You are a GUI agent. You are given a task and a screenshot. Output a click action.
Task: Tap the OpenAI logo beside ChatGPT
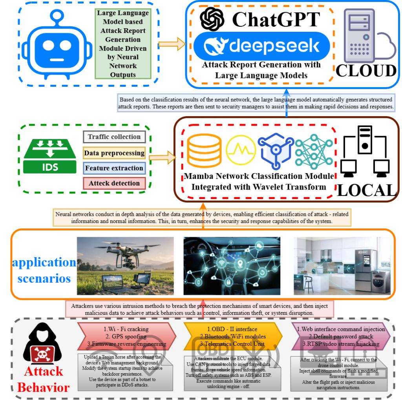(212, 19)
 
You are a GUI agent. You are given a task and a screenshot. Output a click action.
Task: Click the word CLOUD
(366, 71)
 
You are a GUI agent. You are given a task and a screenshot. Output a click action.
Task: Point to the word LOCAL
(366, 190)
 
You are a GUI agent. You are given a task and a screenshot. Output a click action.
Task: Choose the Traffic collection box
(114, 137)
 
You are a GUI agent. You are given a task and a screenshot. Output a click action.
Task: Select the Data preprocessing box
(114, 153)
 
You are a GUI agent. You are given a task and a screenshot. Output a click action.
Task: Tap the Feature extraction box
(114, 168)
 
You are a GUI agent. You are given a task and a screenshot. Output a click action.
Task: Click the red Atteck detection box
(114, 183)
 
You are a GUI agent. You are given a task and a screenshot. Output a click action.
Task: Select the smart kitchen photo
(342, 265)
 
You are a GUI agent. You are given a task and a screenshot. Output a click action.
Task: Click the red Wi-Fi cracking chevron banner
(122, 336)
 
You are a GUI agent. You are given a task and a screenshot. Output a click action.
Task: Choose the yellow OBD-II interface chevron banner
(232, 336)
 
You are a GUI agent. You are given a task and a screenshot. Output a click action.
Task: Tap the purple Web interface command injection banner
(340, 336)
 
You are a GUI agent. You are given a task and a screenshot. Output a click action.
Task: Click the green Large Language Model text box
(123, 44)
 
